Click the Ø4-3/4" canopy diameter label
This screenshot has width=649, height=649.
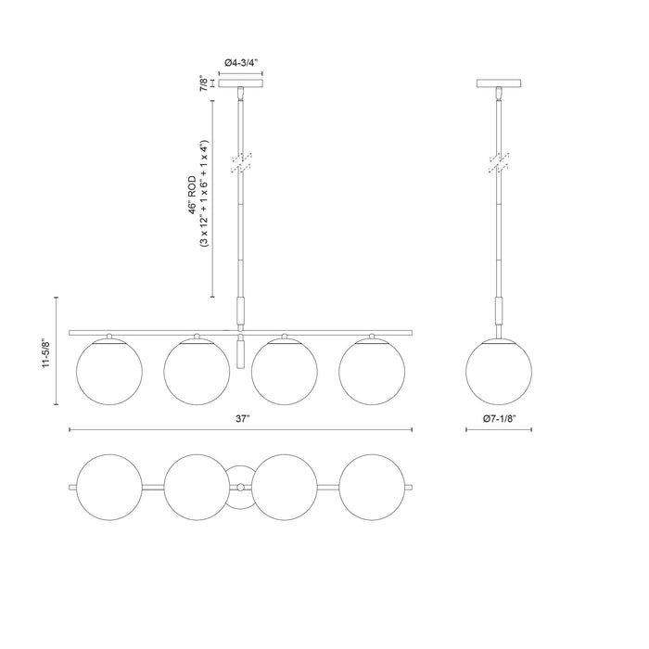[x=241, y=62]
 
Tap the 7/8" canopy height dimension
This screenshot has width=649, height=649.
[x=204, y=84]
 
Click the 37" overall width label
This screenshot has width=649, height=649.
[x=242, y=420]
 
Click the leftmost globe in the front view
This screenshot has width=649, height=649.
[x=109, y=373]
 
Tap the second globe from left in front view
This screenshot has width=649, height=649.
[x=197, y=373]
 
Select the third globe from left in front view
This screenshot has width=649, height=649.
[x=284, y=373]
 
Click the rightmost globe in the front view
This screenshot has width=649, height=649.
[x=372, y=373]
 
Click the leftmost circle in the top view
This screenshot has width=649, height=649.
[x=109, y=487]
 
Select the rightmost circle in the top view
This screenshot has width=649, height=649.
[x=372, y=487]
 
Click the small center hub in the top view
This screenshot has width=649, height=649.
[x=241, y=487]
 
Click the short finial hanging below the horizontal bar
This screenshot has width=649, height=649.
[x=241, y=353]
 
